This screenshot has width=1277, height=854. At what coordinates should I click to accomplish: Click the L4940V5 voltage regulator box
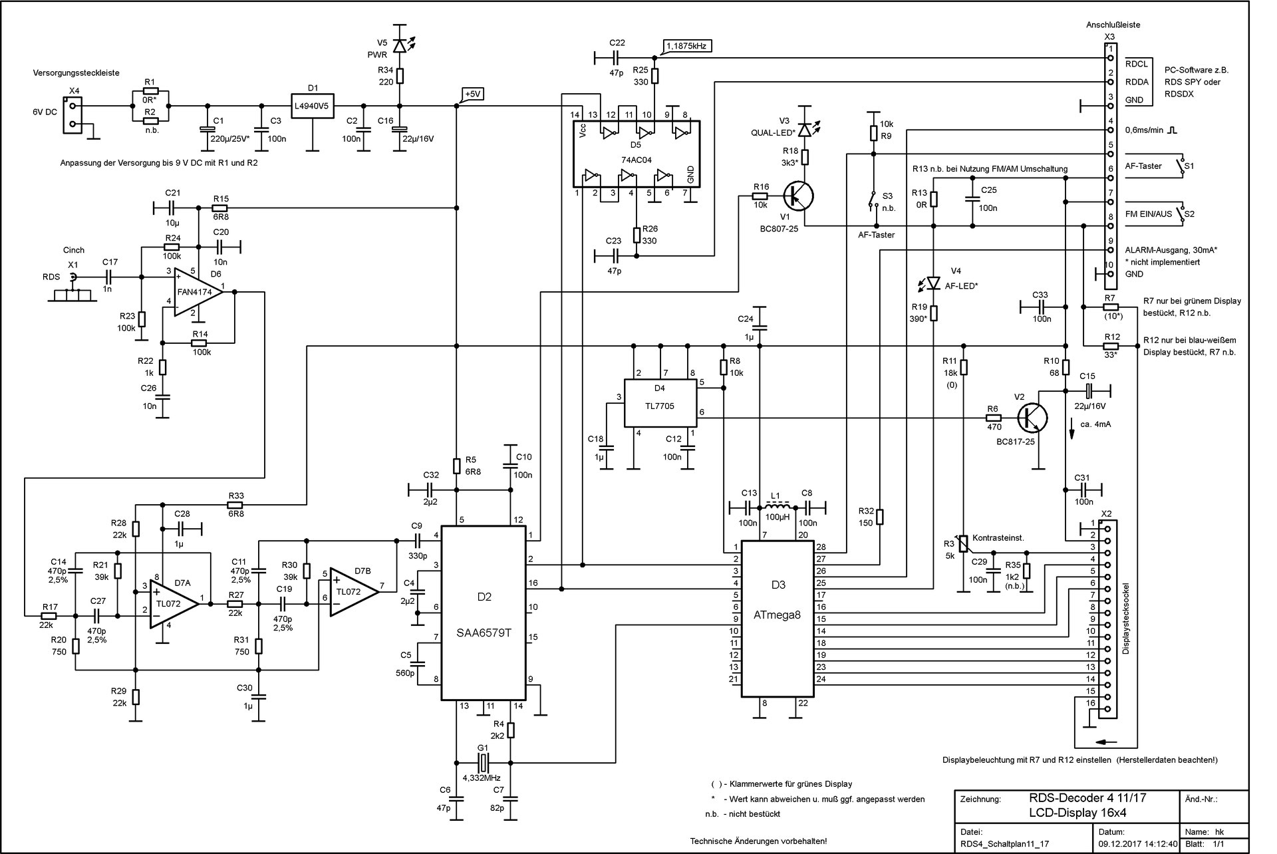coord(313,105)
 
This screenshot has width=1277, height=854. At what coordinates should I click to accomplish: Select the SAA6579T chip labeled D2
coord(484,612)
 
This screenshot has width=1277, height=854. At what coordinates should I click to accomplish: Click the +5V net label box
coord(472,94)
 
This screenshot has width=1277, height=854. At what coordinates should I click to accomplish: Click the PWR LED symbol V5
coord(399,45)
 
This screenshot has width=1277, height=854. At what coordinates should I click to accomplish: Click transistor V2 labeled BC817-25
coord(1032,417)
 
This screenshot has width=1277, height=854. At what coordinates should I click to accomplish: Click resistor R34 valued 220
coord(399,76)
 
